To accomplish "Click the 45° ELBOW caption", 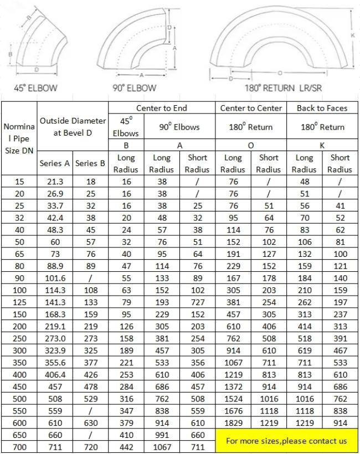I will tap(35, 87).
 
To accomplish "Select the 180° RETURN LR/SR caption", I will tap(283, 87).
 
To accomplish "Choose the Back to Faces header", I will tap(322, 108).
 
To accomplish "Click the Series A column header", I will tap(54, 163).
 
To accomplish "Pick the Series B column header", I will tap(90, 163).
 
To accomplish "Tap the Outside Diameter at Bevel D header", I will tap(72, 127).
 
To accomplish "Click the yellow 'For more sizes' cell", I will tap(287, 441).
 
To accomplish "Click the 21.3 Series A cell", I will tap(54, 182).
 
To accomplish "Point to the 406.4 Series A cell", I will tap(54, 375).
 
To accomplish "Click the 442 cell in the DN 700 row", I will tap(125, 447).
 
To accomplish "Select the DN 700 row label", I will tap(19, 447).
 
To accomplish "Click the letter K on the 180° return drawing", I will tap(353, 35).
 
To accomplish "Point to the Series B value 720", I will tap(90, 447).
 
